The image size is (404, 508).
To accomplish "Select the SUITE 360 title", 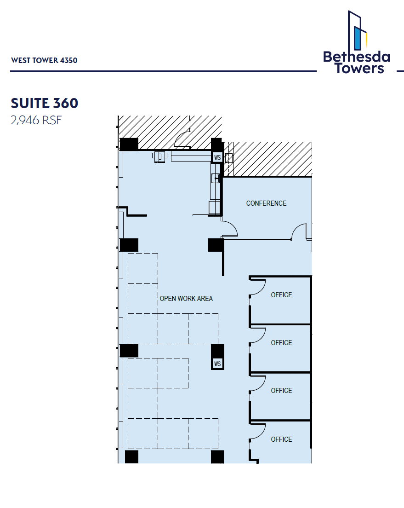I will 45,103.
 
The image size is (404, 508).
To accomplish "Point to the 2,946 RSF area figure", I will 36,121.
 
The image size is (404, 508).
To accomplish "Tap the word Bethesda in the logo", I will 356,57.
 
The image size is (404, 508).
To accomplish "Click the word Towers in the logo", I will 359,69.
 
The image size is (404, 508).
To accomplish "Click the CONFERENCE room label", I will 266,203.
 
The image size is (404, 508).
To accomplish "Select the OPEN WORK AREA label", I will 186,299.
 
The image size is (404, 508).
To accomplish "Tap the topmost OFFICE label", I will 281,295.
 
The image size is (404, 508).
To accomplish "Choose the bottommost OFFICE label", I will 281,439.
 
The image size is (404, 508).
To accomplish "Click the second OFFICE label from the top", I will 281,343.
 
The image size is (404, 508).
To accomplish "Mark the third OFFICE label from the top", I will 281,391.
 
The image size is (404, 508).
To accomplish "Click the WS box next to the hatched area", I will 217,157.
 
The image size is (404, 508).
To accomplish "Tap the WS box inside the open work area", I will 217,364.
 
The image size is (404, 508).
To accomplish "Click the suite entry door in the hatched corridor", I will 184,139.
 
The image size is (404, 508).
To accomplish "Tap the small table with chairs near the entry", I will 160,156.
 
